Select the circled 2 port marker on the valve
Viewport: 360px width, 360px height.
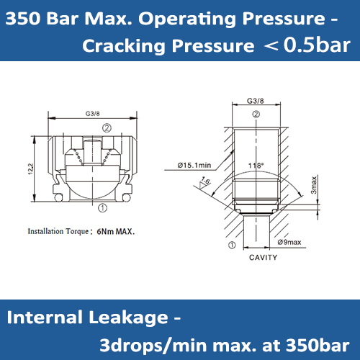(106, 127)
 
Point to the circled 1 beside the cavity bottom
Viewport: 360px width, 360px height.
(232, 244)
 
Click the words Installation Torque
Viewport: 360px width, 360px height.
(57, 233)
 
